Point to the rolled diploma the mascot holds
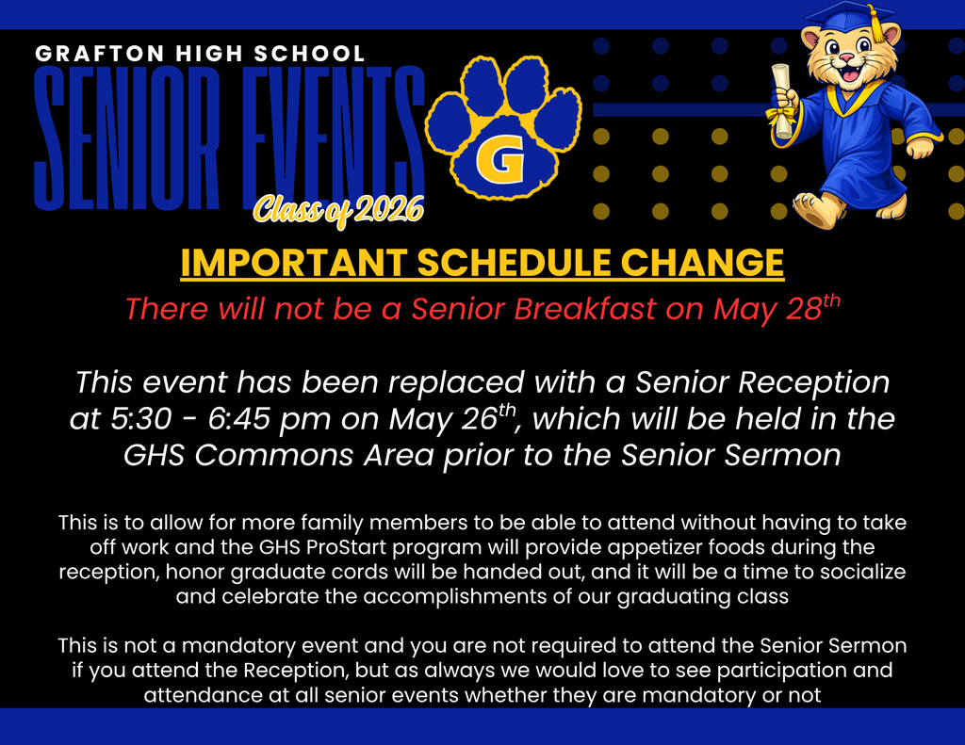781,100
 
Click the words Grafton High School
200,54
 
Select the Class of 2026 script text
336,210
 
